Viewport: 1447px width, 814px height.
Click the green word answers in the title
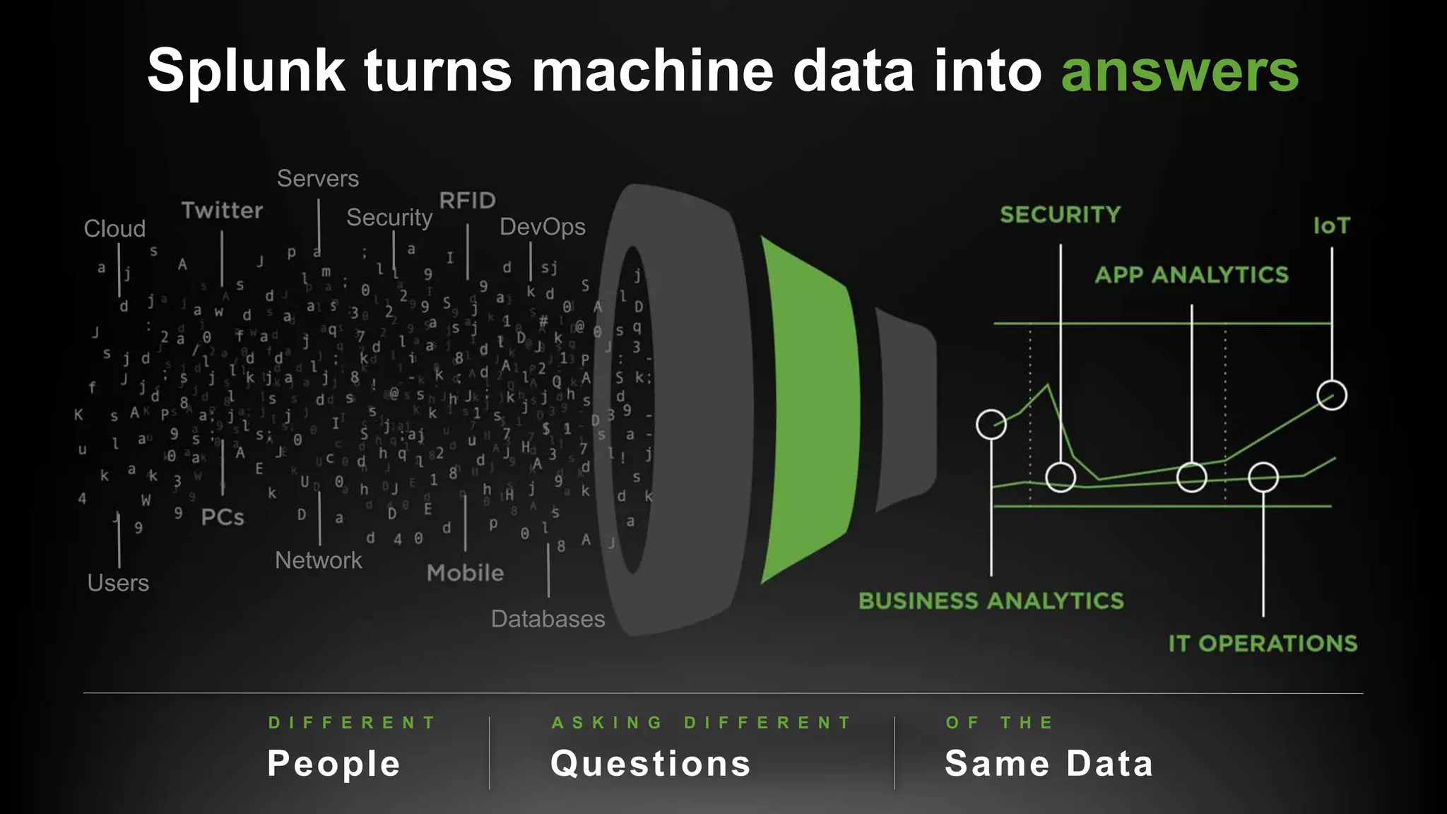[1179, 72]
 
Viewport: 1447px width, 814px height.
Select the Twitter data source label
[222, 211]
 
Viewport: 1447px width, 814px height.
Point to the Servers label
[317, 179]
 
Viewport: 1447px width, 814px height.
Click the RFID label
[467, 201]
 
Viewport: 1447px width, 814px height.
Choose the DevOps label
[542, 227]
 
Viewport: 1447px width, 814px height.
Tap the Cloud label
[114, 229]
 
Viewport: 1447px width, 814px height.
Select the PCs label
[223, 517]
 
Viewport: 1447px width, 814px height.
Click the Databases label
[548, 619]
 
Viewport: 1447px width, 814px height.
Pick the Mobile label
[465, 573]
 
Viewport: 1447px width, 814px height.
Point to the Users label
[118, 583]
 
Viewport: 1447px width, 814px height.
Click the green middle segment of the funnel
[809, 410]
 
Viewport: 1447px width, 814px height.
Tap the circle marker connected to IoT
[1332, 395]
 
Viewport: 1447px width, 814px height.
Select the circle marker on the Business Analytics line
[991, 424]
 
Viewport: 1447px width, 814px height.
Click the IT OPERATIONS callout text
[1263, 644]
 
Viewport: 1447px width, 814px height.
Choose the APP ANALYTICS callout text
[1191, 275]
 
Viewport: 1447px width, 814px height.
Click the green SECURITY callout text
[1060, 215]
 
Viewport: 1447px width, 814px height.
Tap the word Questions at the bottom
[650, 764]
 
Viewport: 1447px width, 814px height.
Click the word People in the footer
[333, 764]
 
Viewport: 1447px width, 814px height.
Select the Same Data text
[1049, 764]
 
